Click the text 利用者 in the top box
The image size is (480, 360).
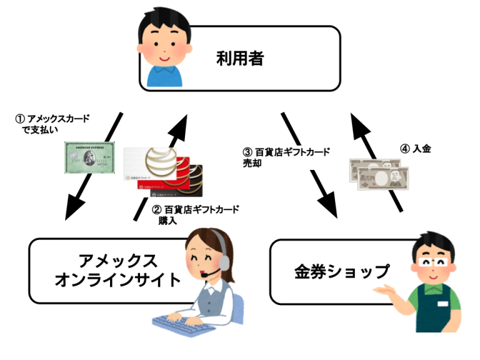[x=241, y=60]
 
